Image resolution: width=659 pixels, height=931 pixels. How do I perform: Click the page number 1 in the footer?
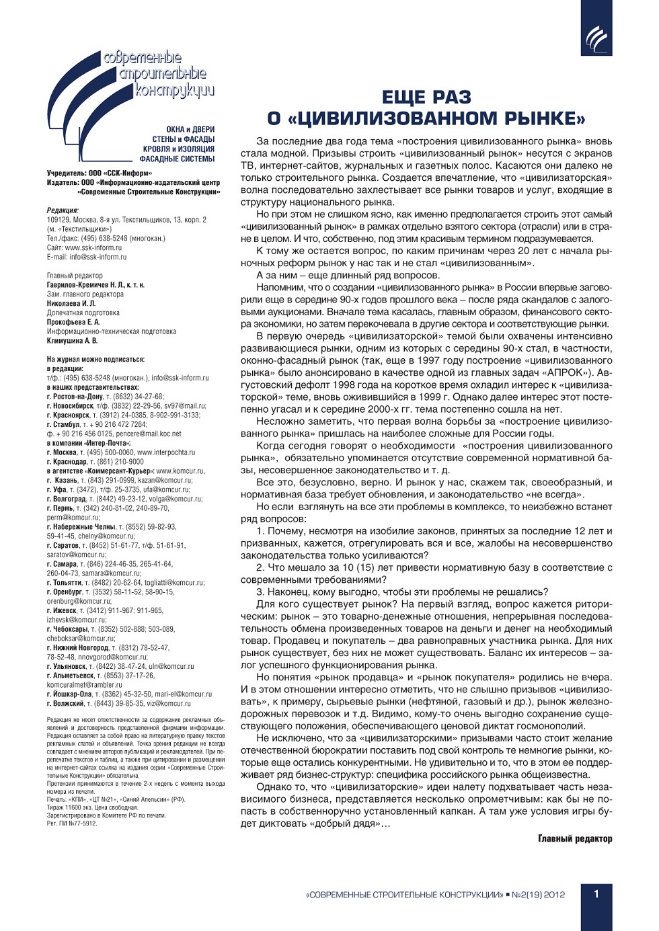596,893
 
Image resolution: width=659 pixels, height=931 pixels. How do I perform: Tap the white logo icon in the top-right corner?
596,38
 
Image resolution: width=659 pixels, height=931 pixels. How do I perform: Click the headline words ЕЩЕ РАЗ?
426,97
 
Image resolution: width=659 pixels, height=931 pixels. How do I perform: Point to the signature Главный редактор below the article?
575,838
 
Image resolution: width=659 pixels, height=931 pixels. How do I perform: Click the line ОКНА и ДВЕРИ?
190,129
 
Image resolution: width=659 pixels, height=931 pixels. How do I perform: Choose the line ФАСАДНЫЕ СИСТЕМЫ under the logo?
177,159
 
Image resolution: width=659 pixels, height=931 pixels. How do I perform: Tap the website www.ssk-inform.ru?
93,247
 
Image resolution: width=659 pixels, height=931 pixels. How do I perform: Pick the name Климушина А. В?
72,341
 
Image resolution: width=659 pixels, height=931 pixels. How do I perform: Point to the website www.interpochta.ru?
166,452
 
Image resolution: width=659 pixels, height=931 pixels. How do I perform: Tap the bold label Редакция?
63,210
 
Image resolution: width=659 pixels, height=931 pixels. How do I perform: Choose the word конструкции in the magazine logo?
174,90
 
